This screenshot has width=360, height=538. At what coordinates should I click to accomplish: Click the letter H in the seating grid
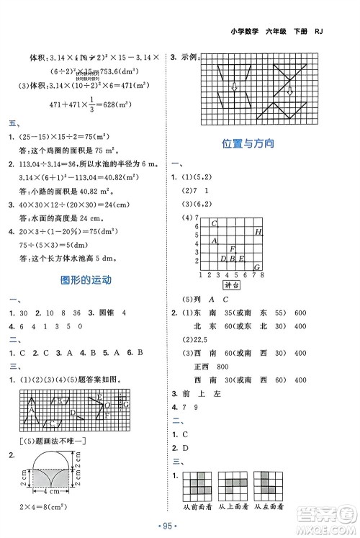(258, 232)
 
